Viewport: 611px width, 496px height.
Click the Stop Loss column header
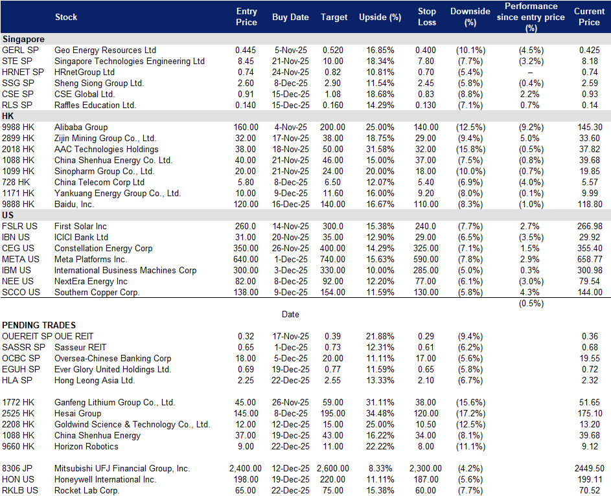click(x=427, y=17)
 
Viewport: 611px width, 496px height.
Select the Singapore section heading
click(x=23, y=39)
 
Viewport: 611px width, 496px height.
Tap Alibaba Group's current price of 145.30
click(x=590, y=128)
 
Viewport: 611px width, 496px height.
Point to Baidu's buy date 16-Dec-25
click(x=291, y=205)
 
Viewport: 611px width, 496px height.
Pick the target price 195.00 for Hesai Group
click(x=333, y=414)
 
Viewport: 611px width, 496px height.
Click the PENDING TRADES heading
click(x=39, y=326)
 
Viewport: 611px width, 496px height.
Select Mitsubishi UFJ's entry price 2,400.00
click(x=246, y=469)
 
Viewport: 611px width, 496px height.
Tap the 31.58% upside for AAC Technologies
click(x=380, y=150)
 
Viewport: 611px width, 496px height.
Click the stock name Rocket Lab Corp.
click(x=87, y=491)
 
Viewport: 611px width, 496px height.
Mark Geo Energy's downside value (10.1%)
click(x=470, y=51)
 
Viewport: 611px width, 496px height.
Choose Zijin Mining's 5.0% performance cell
click(x=530, y=138)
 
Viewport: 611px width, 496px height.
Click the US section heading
click(x=8, y=215)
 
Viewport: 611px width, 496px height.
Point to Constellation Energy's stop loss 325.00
click(x=426, y=249)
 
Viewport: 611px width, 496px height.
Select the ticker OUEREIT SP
click(x=27, y=336)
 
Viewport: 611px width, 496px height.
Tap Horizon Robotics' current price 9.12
click(x=590, y=447)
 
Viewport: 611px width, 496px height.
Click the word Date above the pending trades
click(x=291, y=315)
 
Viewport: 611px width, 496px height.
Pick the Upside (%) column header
click(x=380, y=17)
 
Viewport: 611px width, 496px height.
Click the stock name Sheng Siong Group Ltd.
click(x=99, y=84)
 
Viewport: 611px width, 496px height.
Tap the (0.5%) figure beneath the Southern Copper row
click(x=531, y=304)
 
